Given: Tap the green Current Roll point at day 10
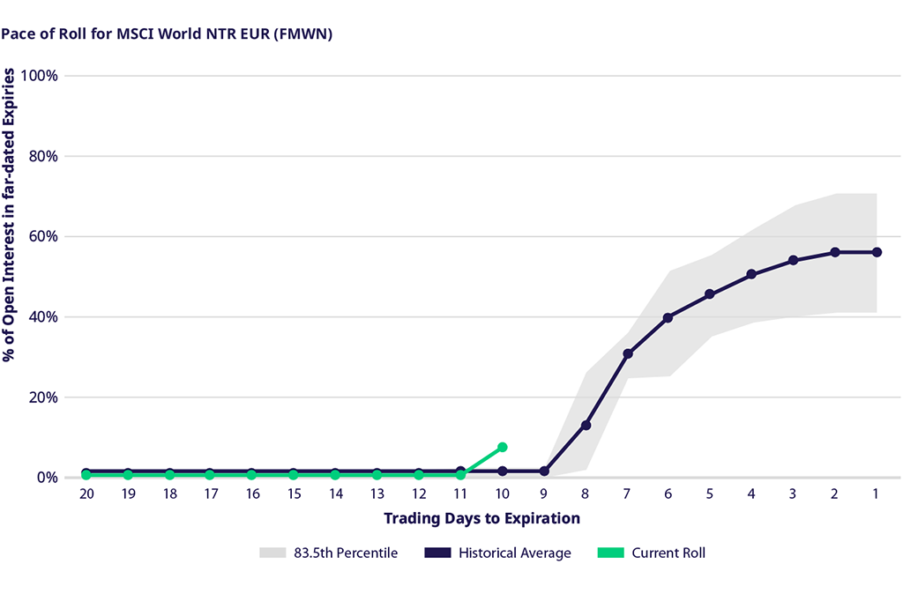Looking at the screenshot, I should click(x=503, y=447).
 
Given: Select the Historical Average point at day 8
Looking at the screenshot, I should click(x=586, y=426).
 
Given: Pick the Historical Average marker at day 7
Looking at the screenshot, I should click(x=628, y=354).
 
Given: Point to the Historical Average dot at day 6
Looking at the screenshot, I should click(x=668, y=317).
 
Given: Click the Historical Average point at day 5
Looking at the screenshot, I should click(x=710, y=294).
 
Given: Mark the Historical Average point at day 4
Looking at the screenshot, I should click(x=751, y=275).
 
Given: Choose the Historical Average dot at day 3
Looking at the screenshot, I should click(x=793, y=260).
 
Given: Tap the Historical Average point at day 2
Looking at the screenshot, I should click(x=834, y=252).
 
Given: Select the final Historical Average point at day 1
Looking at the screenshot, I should click(x=876, y=252).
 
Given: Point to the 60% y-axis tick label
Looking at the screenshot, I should click(x=43, y=236).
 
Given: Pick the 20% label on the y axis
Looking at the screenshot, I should click(x=43, y=397).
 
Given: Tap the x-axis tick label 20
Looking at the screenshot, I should click(x=86, y=494).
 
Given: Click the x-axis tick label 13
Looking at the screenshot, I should click(x=377, y=494).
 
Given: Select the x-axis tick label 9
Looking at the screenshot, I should click(x=544, y=494).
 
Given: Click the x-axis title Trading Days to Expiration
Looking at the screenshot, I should click(x=481, y=518).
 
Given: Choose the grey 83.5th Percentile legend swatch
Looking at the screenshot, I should click(x=272, y=553).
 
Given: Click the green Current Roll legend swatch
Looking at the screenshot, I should click(x=609, y=553).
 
